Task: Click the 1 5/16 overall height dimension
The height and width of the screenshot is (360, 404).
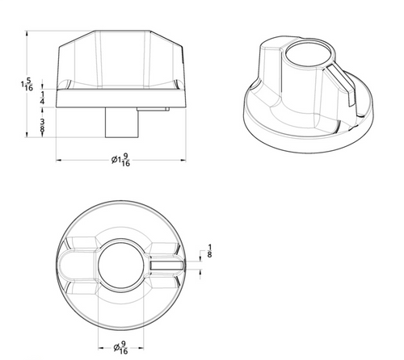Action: coord(28,84)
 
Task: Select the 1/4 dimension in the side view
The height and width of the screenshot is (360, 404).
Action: coord(42,97)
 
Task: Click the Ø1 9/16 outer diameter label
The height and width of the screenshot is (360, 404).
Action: coord(121,161)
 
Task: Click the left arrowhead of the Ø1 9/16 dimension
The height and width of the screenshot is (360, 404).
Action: coord(58,160)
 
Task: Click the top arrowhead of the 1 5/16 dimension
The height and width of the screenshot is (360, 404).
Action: coord(29,34)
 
